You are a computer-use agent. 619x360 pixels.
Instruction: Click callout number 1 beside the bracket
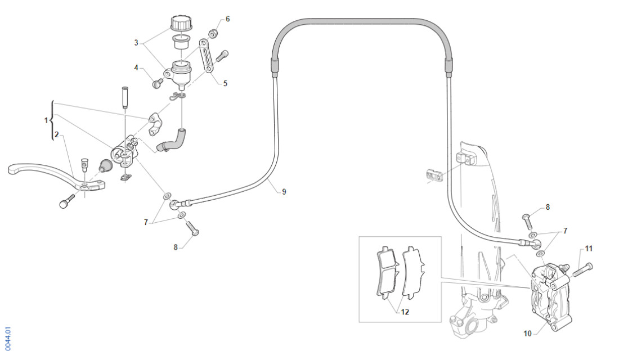click(47, 120)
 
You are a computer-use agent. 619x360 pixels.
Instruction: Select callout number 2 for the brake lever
click(56, 135)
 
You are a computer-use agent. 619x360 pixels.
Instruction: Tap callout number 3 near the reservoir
click(136, 43)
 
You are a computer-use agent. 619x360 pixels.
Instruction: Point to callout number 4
click(136, 68)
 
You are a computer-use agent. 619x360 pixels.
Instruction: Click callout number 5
click(225, 84)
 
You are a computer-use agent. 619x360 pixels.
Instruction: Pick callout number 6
click(227, 19)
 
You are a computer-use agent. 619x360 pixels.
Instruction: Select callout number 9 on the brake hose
click(284, 192)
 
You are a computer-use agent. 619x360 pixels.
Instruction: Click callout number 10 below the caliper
click(527, 334)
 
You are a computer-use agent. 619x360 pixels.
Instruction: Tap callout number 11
click(589, 248)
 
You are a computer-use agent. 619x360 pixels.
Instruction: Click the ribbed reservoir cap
click(181, 23)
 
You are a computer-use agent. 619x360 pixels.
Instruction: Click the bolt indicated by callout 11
click(582, 269)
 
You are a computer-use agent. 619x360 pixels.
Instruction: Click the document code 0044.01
click(7, 339)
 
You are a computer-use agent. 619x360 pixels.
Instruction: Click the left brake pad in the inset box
click(386, 272)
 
